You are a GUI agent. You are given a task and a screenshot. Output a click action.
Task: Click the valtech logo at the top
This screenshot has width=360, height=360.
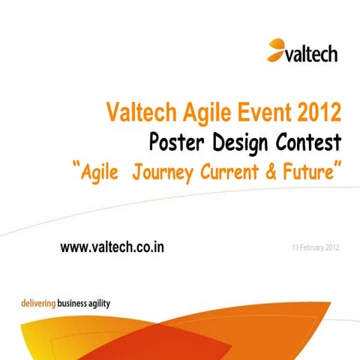[302, 51]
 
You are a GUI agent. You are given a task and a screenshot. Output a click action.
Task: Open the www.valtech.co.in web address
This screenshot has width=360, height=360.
[113, 248]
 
